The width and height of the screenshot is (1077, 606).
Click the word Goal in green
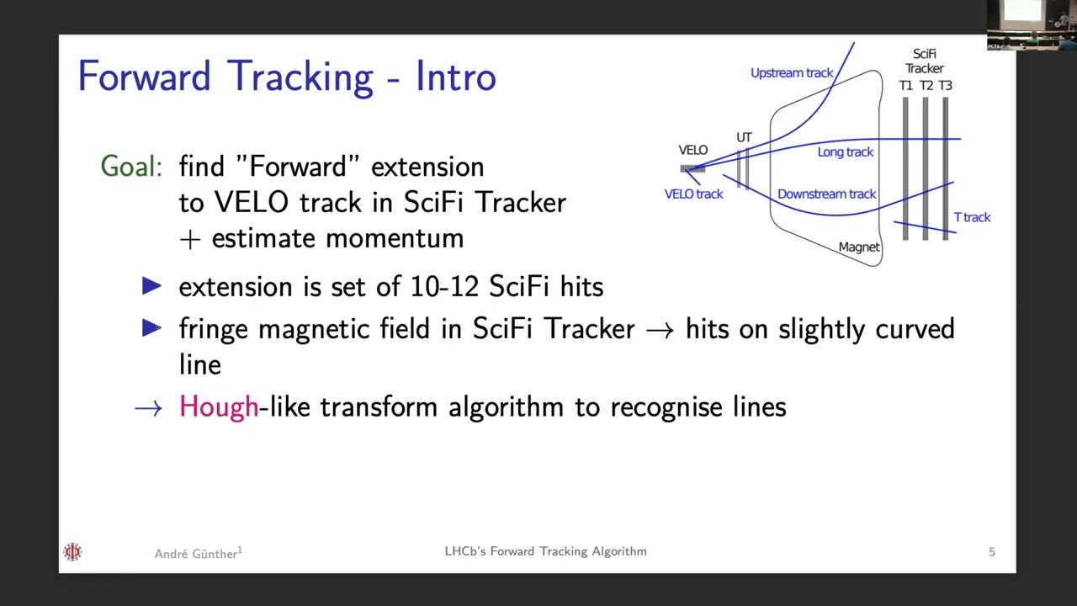coord(130,167)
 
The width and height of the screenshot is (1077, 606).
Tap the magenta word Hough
coord(219,407)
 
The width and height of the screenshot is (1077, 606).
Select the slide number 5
coord(991,552)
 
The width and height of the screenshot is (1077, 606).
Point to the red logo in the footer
coord(72,552)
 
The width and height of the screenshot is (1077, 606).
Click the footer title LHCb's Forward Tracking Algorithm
coord(545,551)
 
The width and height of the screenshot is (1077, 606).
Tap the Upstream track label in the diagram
coord(791,73)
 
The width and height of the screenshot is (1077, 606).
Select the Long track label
coord(845,152)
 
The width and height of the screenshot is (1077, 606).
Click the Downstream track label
coord(826,194)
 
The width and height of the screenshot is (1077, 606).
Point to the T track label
coord(972,217)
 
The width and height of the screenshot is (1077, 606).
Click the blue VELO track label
coord(693,194)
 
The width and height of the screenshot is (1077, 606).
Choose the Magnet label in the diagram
coord(858,247)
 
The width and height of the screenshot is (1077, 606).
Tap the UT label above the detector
coord(744,137)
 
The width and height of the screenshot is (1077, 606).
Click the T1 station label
coord(905,86)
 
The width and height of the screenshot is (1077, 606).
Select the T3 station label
coord(945,86)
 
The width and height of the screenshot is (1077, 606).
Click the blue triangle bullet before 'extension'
coord(151,287)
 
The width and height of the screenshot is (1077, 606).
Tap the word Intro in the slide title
coord(455,77)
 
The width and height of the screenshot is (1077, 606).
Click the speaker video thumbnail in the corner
coord(1032,25)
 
